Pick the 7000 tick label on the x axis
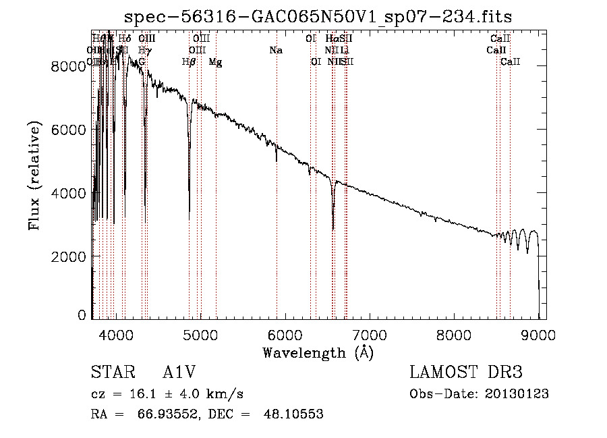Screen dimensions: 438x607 pyautogui.click(x=369, y=334)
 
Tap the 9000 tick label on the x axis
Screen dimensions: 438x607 pyautogui.click(x=538, y=334)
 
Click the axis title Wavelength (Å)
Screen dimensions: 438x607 pyautogui.click(x=318, y=352)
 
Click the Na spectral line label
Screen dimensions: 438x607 pyautogui.click(x=275, y=50)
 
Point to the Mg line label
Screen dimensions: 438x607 pyautogui.click(x=215, y=62)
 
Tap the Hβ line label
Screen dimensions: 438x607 pyautogui.click(x=189, y=62)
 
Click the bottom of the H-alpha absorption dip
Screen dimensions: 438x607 pyautogui.click(x=333, y=229)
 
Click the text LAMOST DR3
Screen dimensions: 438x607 pyautogui.click(x=466, y=373)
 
